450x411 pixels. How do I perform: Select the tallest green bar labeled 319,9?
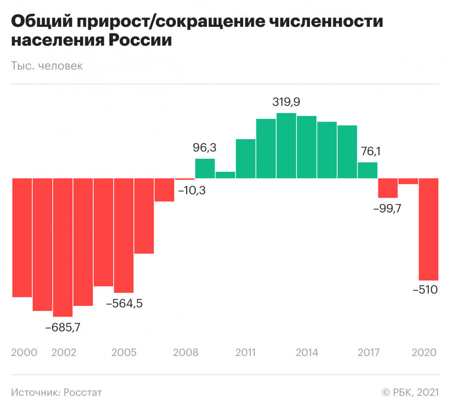pyautogui.click(x=286, y=146)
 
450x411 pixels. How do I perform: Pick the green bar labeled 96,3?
pyautogui.click(x=205, y=169)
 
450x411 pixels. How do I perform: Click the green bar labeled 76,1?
pyautogui.click(x=368, y=170)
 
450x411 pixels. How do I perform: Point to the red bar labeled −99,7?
pyautogui.click(x=388, y=188)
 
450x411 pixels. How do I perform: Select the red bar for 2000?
pyautogui.click(x=22, y=237)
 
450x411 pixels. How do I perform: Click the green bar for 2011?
pyautogui.click(x=245, y=159)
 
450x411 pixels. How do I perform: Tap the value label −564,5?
pyautogui.click(x=124, y=304)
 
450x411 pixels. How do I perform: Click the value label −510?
pyautogui.click(x=425, y=290)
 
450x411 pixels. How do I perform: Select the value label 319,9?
pyautogui.click(x=286, y=102)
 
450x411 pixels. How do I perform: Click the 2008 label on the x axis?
pyautogui.click(x=185, y=352)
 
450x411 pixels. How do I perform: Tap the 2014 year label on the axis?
pyautogui.click(x=307, y=352)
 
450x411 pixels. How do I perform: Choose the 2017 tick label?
pyautogui.click(x=368, y=352)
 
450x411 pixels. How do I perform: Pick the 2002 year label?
pyautogui.click(x=64, y=352)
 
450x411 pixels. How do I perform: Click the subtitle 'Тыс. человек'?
pyautogui.click(x=47, y=66)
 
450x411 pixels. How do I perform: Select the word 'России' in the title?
pyautogui.click(x=140, y=40)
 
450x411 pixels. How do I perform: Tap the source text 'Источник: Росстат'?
pyautogui.click(x=56, y=393)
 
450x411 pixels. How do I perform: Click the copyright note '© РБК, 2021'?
pyautogui.click(x=410, y=393)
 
